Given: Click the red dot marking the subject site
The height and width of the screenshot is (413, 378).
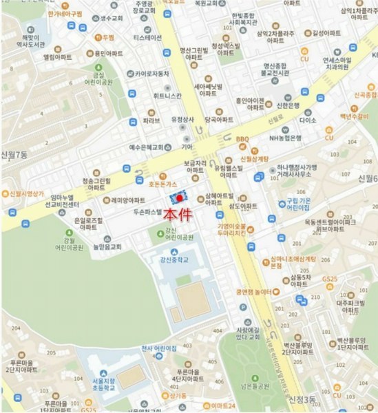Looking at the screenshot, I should pyautogui.click(x=180, y=199).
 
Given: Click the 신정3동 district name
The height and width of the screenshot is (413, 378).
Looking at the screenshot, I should pyautogui.click(x=304, y=399).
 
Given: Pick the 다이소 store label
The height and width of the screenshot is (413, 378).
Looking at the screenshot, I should pyautogui.click(x=308, y=120).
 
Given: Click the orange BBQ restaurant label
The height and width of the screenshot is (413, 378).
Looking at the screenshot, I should pyautogui.click(x=242, y=139).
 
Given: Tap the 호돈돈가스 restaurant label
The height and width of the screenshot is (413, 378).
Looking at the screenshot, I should pyautogui.click(x=164, y=184).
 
